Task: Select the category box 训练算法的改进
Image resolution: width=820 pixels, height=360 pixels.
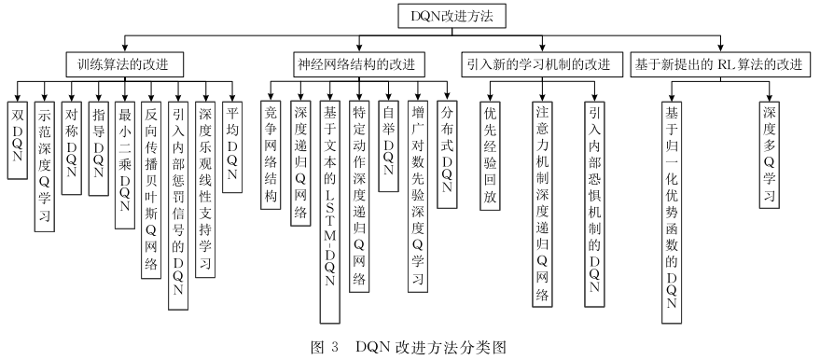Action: [124, 64]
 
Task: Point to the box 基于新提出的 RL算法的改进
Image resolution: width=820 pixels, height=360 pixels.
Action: [718, 64]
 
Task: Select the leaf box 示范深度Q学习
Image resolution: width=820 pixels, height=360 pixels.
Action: [44, 164]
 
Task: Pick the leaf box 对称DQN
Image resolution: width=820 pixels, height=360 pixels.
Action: [71, 144]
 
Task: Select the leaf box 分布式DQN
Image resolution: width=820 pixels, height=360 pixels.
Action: [447, 149]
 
